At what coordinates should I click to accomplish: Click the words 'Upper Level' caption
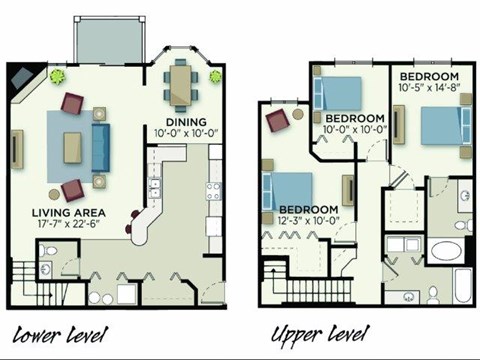click(x=319, y=332)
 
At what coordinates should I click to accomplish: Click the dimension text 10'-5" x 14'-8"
click(x=430, y=88)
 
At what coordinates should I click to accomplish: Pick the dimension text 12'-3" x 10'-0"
click(x=301, y=219)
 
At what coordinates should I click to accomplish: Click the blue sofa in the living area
click(x=101, y=146)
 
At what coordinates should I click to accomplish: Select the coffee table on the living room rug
click(x=74, y=146)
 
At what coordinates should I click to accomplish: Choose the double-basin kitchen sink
click(x=153, y=186)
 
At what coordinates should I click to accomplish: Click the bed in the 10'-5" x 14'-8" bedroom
click(x=439, y=128)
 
